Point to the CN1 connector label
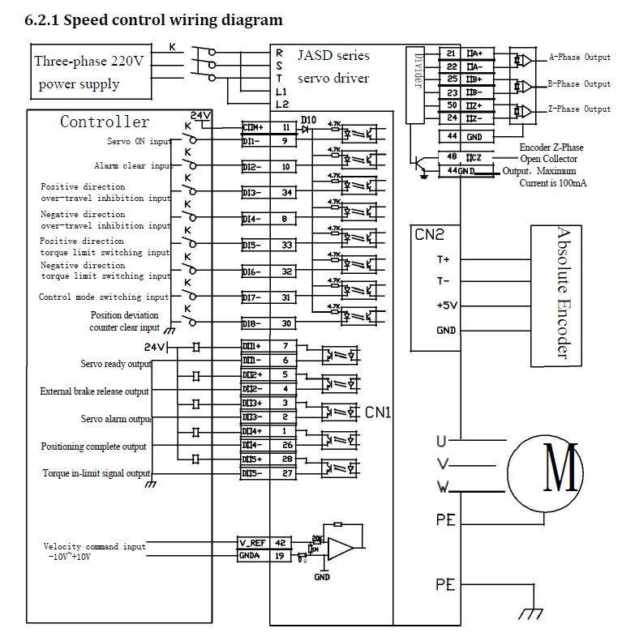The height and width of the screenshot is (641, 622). [379, 412]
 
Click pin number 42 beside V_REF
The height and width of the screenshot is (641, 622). [281, 541]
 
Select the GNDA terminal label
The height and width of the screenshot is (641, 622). [250, 556]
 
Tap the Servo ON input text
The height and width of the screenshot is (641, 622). [139, 141]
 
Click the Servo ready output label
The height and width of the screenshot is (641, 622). [116, 364]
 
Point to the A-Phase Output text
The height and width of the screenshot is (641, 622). [580, 58]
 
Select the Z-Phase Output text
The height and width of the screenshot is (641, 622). [580, 109]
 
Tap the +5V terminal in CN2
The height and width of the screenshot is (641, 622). [445, 306]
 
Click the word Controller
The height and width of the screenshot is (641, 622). [105, 122]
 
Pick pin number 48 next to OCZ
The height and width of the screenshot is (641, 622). [451, 157]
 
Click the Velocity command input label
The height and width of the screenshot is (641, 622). [95, 547]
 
